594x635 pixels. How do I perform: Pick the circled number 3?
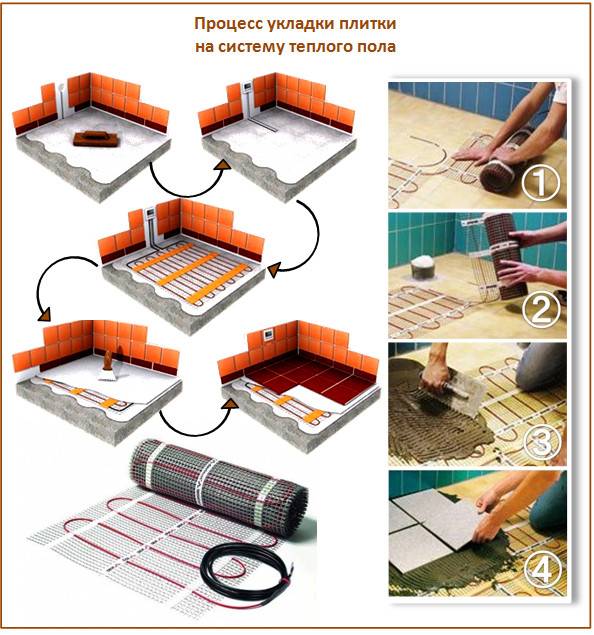pos(540,439)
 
